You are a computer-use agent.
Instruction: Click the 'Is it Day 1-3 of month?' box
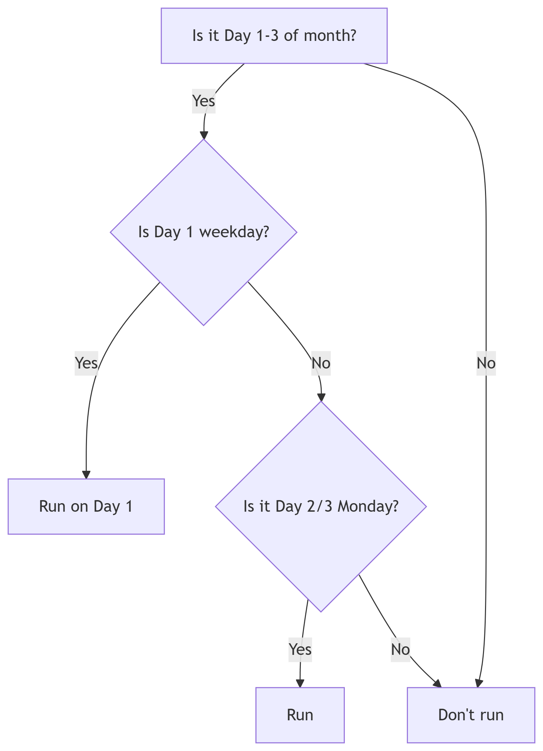click(274, 36)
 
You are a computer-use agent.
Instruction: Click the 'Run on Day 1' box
click(86, 506)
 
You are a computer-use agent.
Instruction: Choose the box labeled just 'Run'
click(300, 715)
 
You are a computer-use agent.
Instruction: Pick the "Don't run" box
click(471, 715)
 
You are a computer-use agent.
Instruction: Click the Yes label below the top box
click(204, 101)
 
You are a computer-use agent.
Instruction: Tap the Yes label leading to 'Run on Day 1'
click(86, 363)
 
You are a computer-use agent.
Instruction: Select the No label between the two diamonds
click(321, 363)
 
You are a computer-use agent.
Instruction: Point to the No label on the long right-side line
click(486, 363)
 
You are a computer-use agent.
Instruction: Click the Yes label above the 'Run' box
click(300, 649)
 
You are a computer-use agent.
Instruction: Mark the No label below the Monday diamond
click(400, 649)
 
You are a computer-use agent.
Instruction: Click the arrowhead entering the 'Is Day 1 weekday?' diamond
click(204, 135)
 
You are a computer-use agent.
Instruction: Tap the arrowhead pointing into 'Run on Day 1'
click(86, 475)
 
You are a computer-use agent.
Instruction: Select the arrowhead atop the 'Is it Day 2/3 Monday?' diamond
click(321, 397)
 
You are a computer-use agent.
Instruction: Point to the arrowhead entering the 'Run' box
click(300, 683)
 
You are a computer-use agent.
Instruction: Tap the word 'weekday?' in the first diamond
click(234, 232)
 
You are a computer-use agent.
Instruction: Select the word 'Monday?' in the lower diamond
click(368, 506)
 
